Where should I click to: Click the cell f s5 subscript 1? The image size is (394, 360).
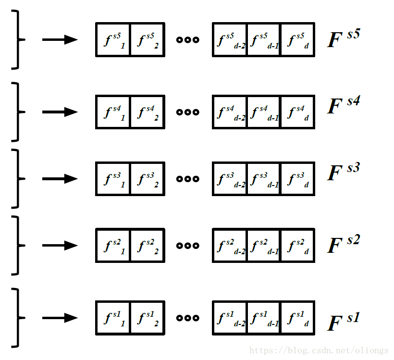pyautogui.click(x=113, y=39)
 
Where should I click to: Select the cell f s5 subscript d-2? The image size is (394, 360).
pyautogui.click(x=230, y=39)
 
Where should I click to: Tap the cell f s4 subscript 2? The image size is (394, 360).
pyautogui.click(x=148, y=112)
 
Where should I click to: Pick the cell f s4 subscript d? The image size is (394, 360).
pyautogui.click(x=297, y=112)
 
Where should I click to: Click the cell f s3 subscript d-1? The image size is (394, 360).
pyautogui.click(x=264, y=179)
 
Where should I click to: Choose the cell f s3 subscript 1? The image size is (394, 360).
pyautogui.click(x=113, y=179)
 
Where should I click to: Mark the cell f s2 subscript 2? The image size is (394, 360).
pyautogui.click(x=148, y=246)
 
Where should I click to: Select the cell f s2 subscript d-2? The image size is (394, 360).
pyautogui.click(x=230, y=246)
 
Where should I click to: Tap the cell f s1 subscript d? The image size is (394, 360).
pyautogui.click(x=297, y=318)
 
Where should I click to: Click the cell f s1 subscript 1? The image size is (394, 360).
pyautogui.click(x=113, y=318)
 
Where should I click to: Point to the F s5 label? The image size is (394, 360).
pyautogui.click(x=343, y=38)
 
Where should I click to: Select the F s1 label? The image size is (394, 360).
pyautogui.click(x=343, y=321)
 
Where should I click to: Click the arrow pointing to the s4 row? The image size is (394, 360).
pyautogui.click(x=60, y=112)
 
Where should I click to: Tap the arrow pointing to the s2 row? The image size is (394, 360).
pyautogui.click(x=60, y=246)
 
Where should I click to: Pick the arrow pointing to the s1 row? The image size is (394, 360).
pyautogui.click(x=60, y=318)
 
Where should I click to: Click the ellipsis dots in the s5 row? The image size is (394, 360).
pyautogui.click(x=187, y=40)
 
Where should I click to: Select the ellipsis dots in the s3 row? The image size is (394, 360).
pyautogui.click(x=187, y=179)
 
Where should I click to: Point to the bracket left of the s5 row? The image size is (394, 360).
pyautogui.click(x=17, y=39)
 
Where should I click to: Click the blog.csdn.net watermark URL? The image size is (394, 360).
pyautogui.click(x=319, y=351)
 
